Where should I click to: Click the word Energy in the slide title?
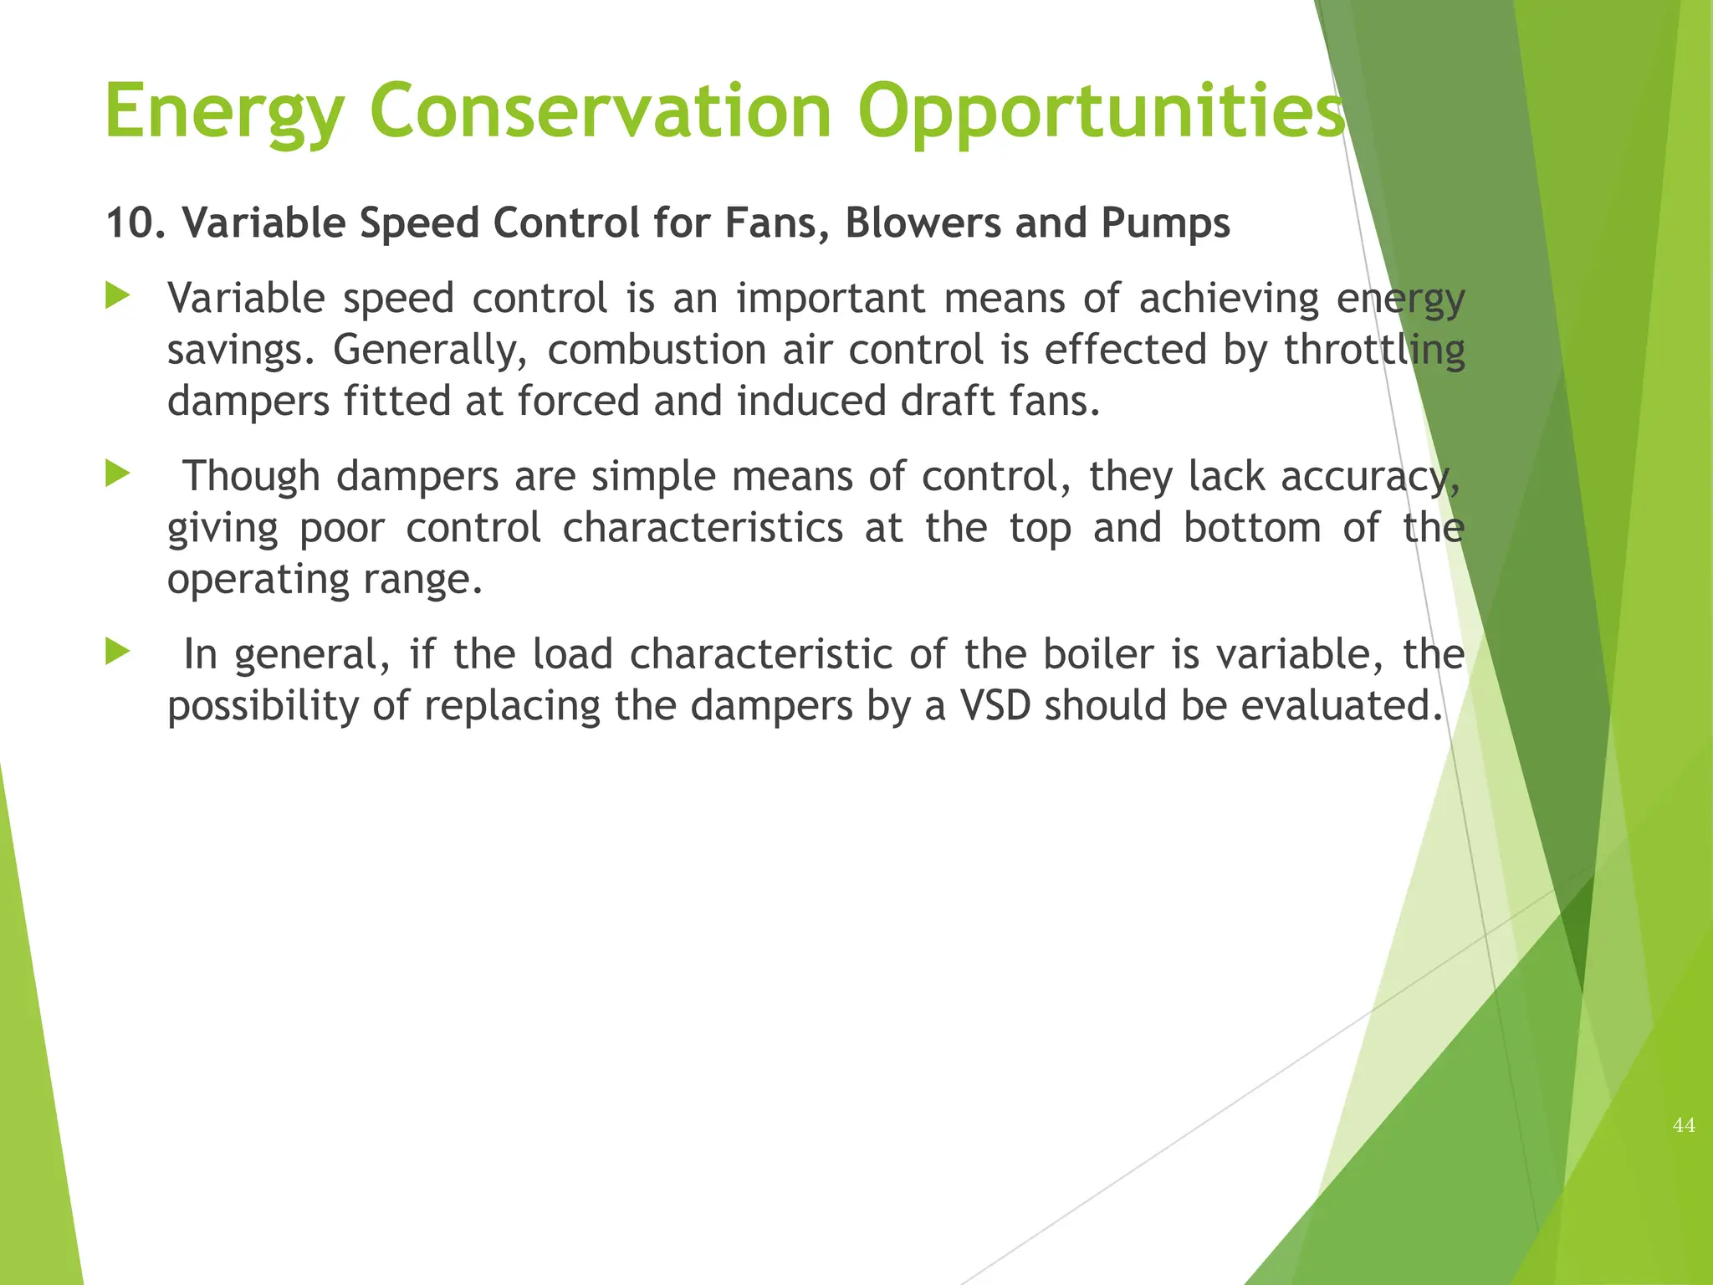point(224,113)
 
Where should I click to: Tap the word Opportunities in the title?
point(1101,113)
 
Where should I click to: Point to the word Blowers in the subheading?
point(923,223)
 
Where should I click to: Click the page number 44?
point(1684,1125)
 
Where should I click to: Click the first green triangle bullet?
point(118,296)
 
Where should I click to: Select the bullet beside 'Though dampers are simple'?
point(118,474)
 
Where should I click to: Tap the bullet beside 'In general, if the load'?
point(118,652)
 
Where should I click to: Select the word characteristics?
point(703,529)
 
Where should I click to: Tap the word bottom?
point(1252,529)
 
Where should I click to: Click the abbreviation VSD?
point(995,706)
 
